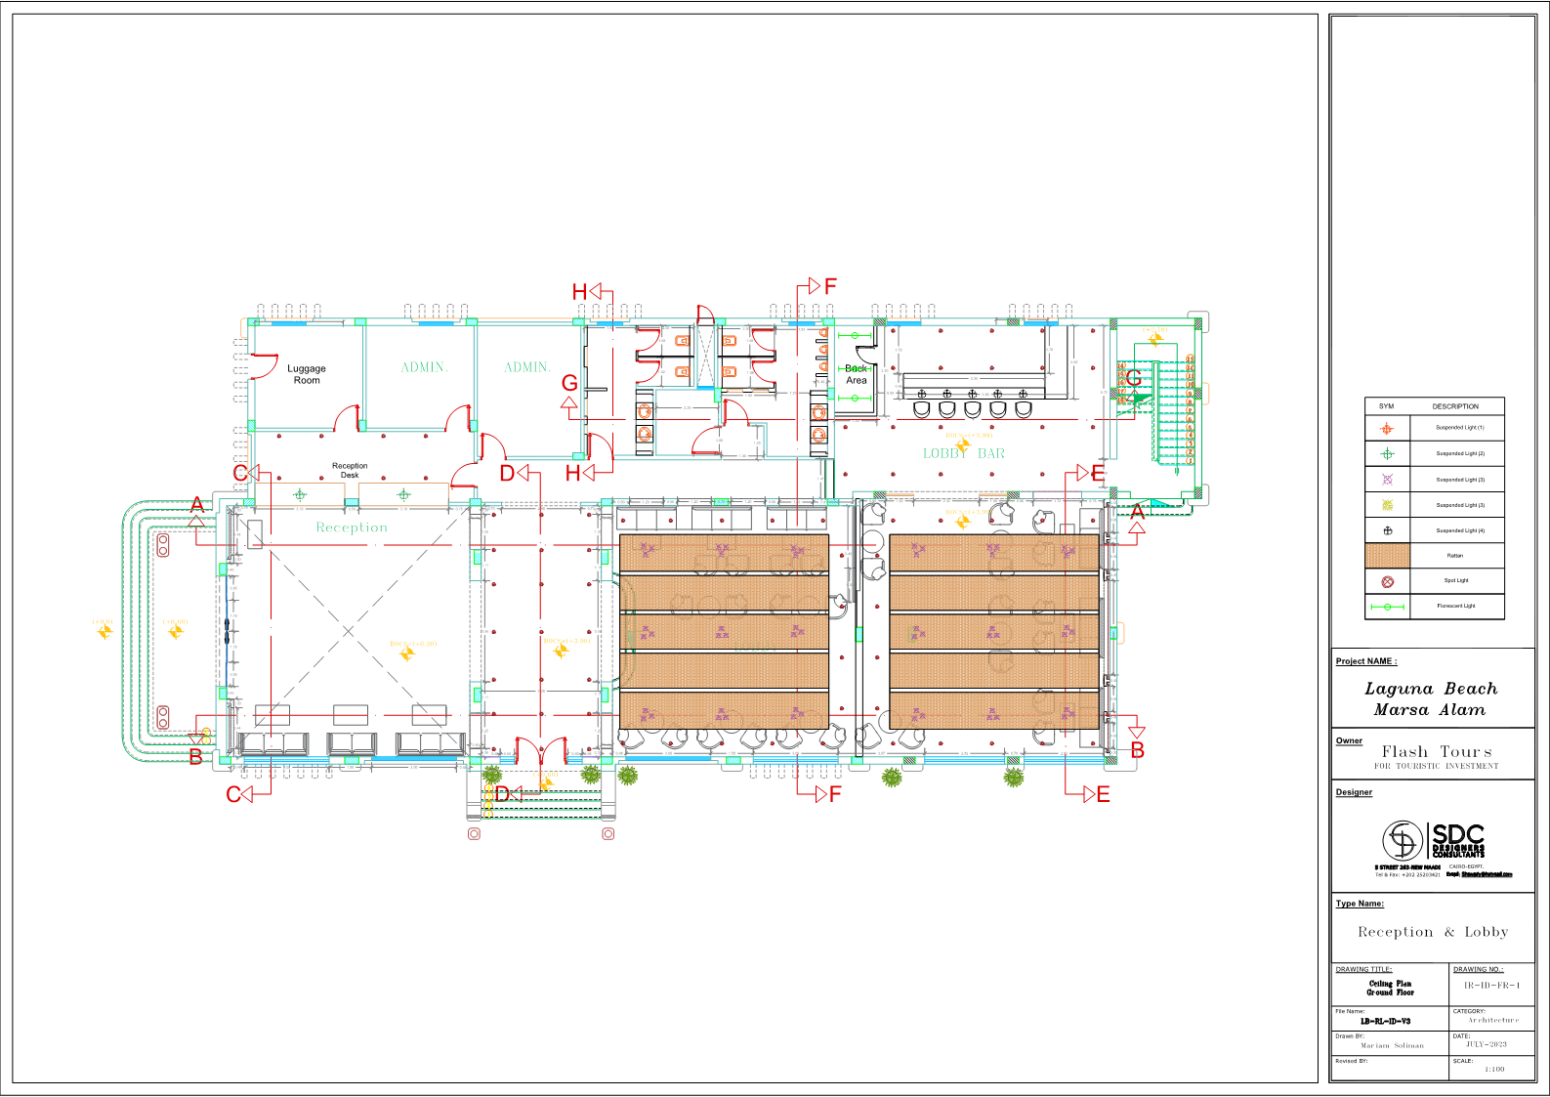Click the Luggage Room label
pyautogui.click(x=307, y=374)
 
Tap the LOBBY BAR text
pyautogui.click(x=963, y=453)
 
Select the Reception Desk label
pyautogui.click(x=350, y=470)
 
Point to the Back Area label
pyautogui.click(x=857, y=374)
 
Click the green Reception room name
pyautogui.click(x=352, y=527)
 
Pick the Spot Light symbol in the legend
pyautogui.click(x=1387, y=581)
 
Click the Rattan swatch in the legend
pyautogui.click(x=1387, y=555)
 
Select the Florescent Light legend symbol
pyautogui.click(x=1387, y=607)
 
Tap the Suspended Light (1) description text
pyautogui.click(x=1459, y=428)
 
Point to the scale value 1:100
pyautogui.click(x=1494, y=1069)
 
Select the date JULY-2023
pyautogui.click(x=1486, y=1044)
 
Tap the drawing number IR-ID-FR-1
pyautogui.click(x=1491, y=986)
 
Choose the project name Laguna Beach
pyautogui.click(x=1430, y=689)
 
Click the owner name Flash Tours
pyautogui.click(x=1437, y=751)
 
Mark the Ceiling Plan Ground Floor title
pyautogui.click(x=1390, y=988)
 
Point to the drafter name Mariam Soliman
pyautogui.click(x=1392, y=1045)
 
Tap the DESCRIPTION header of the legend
pyautogui.click(x=1455, y=406)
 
